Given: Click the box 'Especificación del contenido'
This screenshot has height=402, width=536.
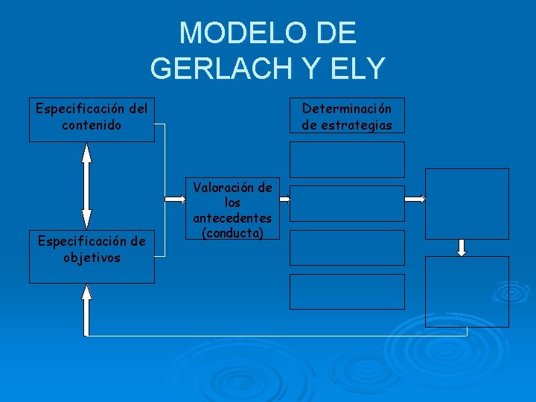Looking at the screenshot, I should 92,119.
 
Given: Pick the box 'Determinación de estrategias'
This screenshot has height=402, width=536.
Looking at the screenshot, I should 347,115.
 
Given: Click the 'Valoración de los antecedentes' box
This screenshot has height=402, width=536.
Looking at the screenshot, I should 233,208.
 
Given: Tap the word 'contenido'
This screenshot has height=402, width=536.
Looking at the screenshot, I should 92,125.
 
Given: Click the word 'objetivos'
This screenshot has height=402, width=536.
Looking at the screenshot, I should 92,258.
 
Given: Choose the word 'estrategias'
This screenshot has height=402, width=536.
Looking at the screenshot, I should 347,124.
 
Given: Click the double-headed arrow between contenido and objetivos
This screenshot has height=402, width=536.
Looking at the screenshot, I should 86,185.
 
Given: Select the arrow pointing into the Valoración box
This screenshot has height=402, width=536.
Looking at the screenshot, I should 176,199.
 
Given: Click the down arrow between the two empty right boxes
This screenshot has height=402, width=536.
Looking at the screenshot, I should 462,248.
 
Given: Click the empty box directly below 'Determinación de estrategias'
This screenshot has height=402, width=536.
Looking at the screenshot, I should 347,159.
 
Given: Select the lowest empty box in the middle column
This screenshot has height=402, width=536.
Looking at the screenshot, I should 347,292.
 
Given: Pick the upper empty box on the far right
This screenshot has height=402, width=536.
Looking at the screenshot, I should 467,202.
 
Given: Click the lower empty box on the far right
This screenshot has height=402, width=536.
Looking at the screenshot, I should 467,291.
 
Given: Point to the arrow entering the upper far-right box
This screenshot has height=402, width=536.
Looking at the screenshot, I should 415,199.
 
